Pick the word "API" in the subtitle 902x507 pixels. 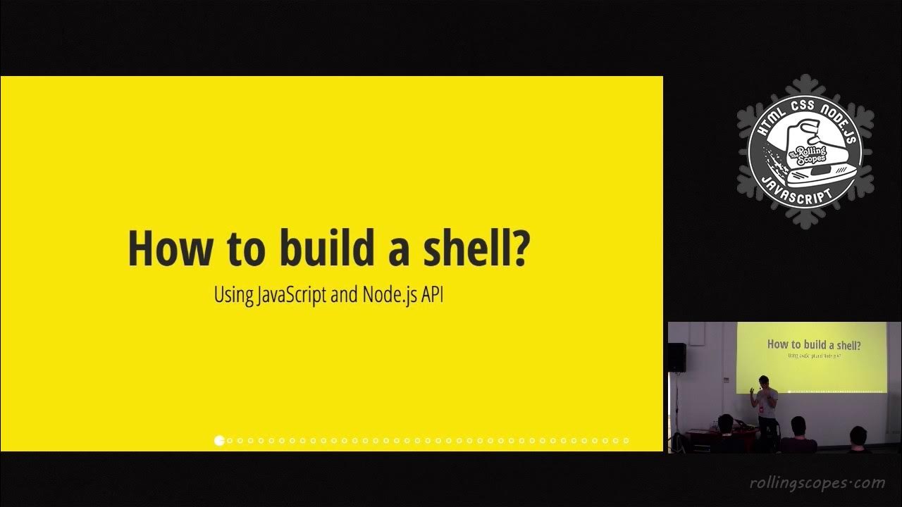coord(432,294)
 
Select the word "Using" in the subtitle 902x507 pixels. coord(233,294)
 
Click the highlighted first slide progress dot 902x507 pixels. coord(219,441)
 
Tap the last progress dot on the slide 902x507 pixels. coord(626,441)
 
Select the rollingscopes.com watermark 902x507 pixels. coord(817,483)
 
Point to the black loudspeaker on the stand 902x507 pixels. coord(676,357)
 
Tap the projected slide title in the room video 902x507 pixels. coord(814,344)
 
